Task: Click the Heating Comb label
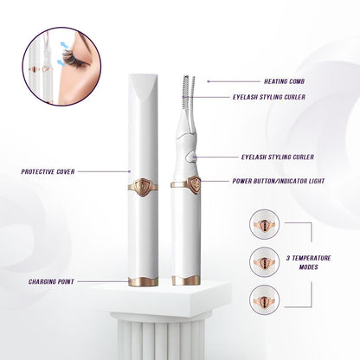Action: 284,81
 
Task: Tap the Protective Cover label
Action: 48,171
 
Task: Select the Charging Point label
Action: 51,281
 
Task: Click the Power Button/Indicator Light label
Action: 279,181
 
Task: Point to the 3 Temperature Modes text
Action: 308,262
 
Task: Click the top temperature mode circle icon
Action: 265,224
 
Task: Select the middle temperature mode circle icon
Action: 265,262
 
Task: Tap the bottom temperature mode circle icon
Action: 265,300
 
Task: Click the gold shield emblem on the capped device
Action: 143,187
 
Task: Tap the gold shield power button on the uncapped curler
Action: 195,184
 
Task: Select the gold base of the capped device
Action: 143,281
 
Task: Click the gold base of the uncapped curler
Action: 186,280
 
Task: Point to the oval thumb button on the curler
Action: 191,157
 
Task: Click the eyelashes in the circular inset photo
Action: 74,59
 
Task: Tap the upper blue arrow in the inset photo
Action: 65,45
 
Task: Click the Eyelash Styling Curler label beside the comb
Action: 269,97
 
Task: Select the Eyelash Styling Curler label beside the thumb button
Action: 278,157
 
